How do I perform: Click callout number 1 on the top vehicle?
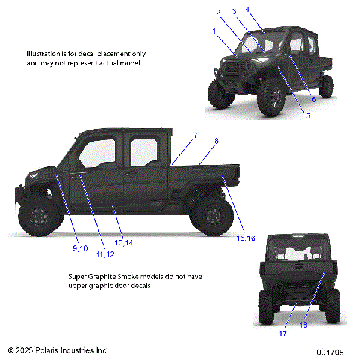(x=214, y=31)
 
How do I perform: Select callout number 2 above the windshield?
(x=218, y=13)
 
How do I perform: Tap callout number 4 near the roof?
(x=249, y=9)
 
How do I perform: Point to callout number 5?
(x=307, y=116)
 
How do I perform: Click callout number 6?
(x=313, y=98)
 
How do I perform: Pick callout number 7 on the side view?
(x=196, y=136)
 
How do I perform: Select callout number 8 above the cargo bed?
(x=217, y=141)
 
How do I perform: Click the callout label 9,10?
(x=80, y=247)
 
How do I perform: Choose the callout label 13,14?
(x=124, y=243)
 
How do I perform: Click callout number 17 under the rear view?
(x=283, y=333)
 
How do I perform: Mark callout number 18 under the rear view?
(x=304, y=324)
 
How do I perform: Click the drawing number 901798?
(x=330, y=350)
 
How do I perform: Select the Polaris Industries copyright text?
(x=58, y=350)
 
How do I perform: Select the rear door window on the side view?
(x=142, y=154)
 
